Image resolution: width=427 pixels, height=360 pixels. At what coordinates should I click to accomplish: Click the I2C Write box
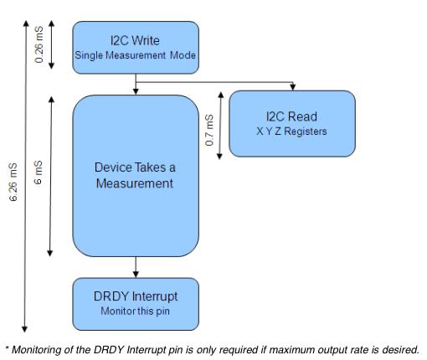coord(136,48)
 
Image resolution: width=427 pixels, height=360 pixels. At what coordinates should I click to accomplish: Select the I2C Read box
coord(292,124)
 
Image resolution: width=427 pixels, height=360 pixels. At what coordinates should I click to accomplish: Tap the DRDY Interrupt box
coord(136,304)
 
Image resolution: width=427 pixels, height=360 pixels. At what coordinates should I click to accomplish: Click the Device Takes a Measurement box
coord(136,176)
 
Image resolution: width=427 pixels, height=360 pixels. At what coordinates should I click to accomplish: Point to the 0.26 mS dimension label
coord(39,44)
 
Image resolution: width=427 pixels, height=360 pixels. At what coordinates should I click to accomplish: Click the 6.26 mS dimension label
coord(13,182)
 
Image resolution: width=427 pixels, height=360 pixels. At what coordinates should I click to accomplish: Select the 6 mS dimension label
coord(38,172)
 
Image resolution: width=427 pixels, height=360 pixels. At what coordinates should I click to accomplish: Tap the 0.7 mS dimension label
coord(209,130)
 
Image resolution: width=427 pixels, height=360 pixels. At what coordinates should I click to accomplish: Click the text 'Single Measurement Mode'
coord(136,55)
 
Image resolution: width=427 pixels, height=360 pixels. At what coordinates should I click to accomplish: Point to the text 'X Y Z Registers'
coord(291,131)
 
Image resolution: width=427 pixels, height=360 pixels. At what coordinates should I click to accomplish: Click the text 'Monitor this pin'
coord(136,311)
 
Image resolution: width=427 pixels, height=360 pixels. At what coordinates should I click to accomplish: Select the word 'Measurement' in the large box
coord(135,183)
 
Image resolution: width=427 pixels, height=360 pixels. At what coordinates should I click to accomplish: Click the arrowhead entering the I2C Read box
coord(292,87)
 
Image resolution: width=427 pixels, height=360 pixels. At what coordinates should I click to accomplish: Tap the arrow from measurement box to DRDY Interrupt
coord(136,267)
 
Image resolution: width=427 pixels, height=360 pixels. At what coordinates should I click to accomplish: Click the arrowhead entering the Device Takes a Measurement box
coord(136,91)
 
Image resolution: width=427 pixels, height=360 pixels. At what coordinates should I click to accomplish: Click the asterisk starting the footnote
coord(8,348)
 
